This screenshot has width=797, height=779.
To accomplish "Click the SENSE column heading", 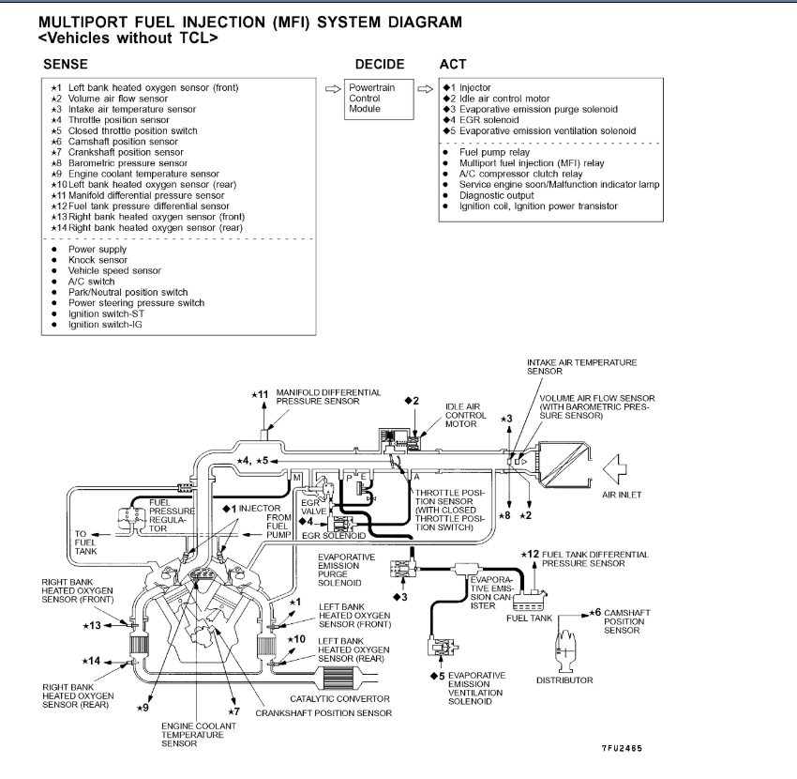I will (65, 64).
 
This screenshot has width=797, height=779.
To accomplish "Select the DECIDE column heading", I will (380, 64).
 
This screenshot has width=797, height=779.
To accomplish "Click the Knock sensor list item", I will (98, 260).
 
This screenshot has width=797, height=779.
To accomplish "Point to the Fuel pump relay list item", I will (494, 151).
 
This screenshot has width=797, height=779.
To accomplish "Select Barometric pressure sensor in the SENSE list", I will (131, 162).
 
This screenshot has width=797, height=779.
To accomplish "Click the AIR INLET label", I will (622, 495).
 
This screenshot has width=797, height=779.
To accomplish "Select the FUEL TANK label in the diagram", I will (530, 619).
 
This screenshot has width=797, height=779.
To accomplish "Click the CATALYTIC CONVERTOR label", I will (339, 698).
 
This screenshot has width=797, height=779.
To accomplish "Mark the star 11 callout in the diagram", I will (261, 394).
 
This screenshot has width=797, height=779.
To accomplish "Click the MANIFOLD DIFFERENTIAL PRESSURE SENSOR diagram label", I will (328, 396).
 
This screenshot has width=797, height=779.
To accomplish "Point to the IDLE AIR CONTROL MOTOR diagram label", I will (465, 415).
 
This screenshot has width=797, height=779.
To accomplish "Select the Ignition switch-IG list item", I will (106, 324).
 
